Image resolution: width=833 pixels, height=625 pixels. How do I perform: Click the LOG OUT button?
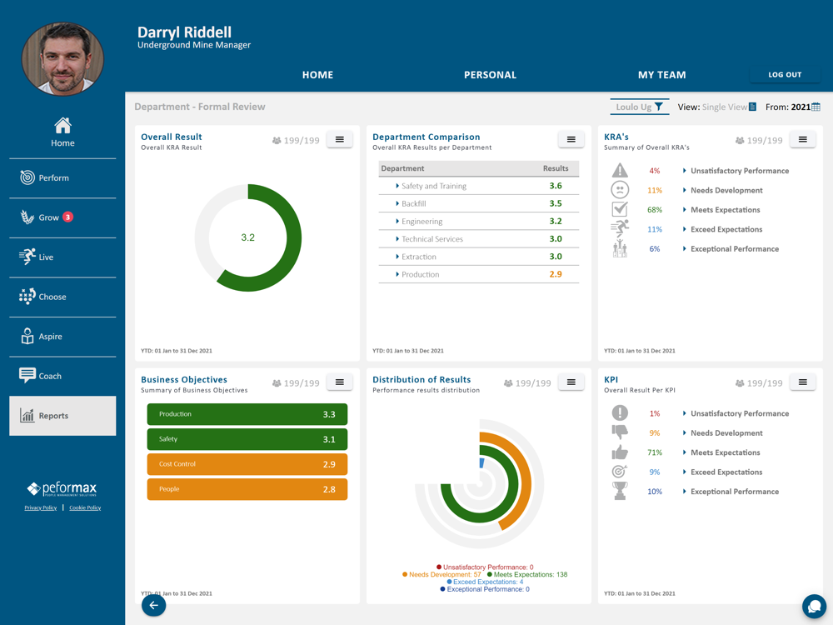click(785, 74)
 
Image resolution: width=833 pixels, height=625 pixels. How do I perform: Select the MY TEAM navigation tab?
click(662, 75)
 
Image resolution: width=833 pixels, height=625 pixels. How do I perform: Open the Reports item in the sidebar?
click(62, 416)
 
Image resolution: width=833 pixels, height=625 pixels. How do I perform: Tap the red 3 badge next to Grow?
click(68, 217)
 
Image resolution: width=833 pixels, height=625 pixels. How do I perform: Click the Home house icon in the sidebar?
click(62, 126)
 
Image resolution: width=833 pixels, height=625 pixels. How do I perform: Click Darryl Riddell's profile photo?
click(62, 58)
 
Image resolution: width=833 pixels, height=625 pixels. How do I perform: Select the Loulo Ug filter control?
click(639, 107)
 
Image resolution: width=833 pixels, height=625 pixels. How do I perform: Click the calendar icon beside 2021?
click(816, 107)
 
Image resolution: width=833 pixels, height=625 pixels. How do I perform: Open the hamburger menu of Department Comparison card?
click(571, 139)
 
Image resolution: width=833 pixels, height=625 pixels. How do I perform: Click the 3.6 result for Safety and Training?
click(556, 186)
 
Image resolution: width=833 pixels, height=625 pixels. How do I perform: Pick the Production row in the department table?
click(479, 274)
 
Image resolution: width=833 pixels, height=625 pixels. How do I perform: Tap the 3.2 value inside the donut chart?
click(247, 237)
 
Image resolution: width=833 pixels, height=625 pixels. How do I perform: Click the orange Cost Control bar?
click(247, 464)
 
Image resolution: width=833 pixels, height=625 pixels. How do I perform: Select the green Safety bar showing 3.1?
click(247, 439)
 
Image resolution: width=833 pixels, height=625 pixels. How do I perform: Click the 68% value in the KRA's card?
click(655, 210)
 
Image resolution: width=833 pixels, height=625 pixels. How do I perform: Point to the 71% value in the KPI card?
click(655, 452)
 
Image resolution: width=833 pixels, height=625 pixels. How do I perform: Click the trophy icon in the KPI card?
click(620, 491)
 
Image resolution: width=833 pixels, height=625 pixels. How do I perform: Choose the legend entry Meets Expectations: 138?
click(527, 574)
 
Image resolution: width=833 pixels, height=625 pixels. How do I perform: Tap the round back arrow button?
click(153, 605)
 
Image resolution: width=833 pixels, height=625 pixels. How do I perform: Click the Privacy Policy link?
click(40, 507)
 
